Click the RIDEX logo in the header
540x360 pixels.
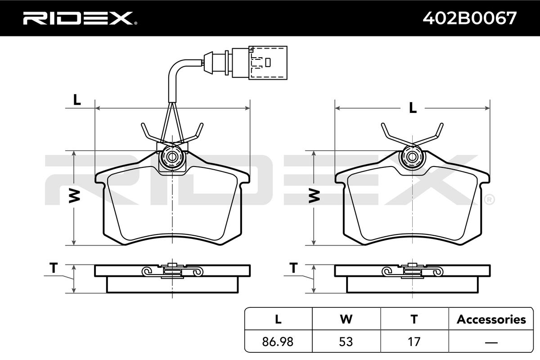(80, 18)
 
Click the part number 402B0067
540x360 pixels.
(470, 18)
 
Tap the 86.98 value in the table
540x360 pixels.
(278, 342)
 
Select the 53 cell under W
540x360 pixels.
(346, 342)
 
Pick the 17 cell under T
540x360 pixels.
(414, 342)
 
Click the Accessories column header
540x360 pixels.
(491, 319)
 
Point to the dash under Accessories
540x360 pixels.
(491, 342)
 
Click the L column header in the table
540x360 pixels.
(278, 319)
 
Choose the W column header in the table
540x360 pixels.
(346, 319)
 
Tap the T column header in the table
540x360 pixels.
(414, 319)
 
